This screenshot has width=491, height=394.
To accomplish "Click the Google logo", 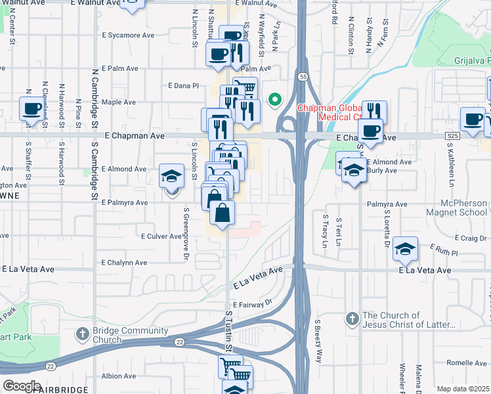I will coord(22,386).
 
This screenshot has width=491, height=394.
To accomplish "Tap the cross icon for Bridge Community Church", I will coord(82,334).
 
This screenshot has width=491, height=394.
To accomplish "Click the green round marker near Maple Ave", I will coord(276,100).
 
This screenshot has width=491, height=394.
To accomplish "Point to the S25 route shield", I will coord(450,135).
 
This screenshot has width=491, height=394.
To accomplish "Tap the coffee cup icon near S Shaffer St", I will coord(31,108).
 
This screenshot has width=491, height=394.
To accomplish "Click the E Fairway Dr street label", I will coord(251,304).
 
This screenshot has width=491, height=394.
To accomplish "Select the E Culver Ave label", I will coord(161,236).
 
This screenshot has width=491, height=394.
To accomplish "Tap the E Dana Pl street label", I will coord(183,86).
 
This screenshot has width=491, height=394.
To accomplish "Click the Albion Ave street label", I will coord(119,376).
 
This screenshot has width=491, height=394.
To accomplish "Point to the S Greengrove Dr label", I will coord(186,223).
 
